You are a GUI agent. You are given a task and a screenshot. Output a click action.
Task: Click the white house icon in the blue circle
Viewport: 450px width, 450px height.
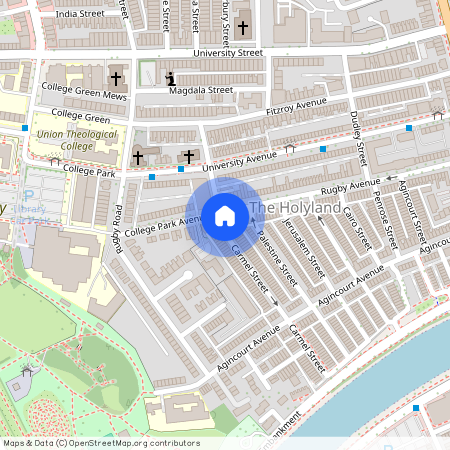point(225,215)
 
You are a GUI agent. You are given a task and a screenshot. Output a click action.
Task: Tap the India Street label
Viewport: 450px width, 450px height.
point(79,14)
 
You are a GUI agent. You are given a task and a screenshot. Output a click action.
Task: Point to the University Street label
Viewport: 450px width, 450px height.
point(229,53)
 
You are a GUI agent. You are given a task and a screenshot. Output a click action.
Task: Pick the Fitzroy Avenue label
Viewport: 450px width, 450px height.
point(296,106)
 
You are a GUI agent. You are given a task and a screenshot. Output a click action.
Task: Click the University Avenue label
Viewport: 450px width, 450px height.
point(241,158)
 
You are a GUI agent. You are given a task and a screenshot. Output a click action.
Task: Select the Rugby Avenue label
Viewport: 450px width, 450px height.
point(350,188)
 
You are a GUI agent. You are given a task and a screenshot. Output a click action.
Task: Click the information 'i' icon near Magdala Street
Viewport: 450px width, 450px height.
point(170,78)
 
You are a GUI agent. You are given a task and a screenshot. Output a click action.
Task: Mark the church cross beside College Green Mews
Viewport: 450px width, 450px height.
point(116,78)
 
